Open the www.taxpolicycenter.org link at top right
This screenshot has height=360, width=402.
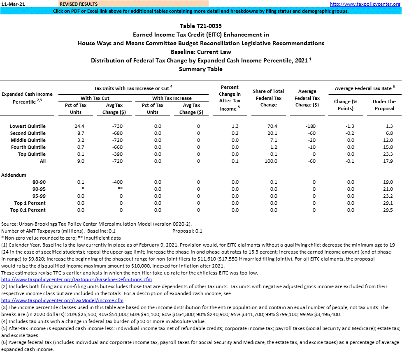(365, 4)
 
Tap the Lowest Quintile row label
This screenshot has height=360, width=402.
(28, 126)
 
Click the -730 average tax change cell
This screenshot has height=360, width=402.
(117, 126)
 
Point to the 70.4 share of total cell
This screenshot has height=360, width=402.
(272, 126)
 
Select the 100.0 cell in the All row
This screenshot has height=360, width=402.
(272, 161)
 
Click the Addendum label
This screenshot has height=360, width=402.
(14, 175)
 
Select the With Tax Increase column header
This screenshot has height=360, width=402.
(172, 98)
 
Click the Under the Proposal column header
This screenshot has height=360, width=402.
(384, 105)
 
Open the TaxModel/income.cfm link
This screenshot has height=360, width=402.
(62, 301)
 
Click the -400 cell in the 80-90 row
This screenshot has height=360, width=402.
(117, 182)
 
